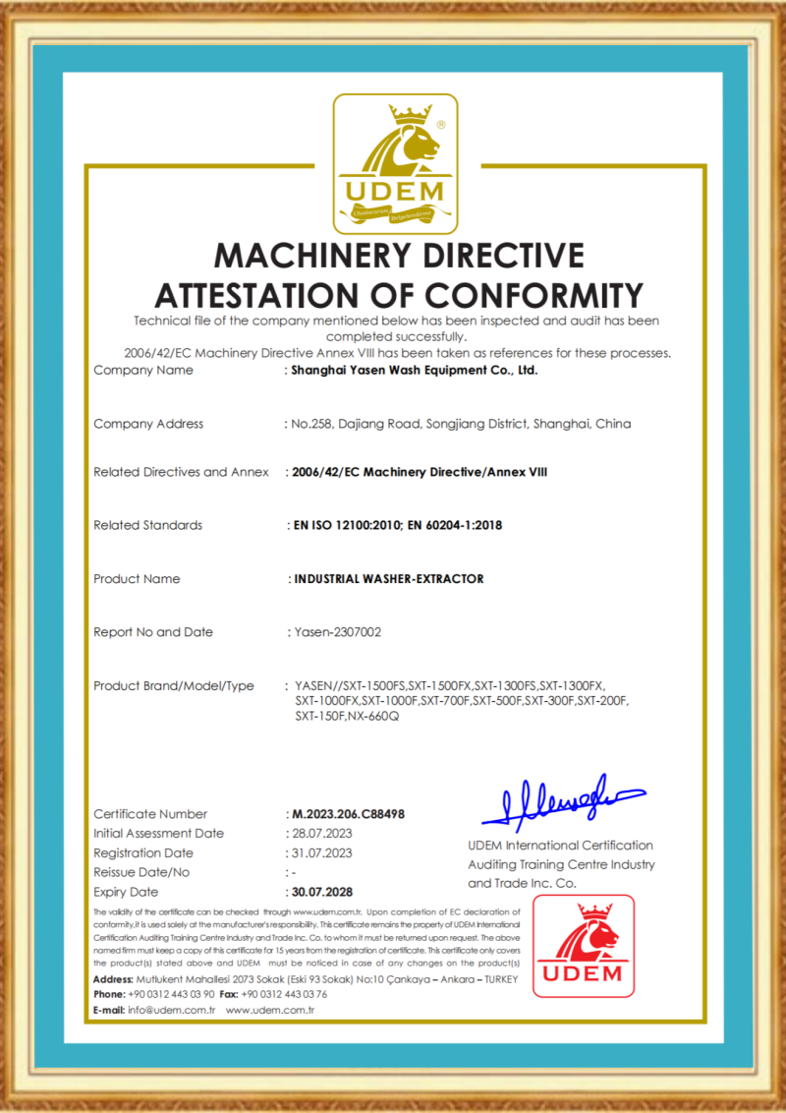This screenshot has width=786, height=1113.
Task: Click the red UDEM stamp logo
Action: [x=584, y=946]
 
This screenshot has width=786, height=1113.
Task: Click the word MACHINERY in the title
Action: [x=305, y=255]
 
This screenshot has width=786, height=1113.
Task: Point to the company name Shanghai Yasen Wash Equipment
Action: [x=414, y=371]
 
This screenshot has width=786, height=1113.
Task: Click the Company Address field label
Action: [x=148, y=424]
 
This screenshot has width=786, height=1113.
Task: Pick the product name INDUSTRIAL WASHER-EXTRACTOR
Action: [x=389, y=579]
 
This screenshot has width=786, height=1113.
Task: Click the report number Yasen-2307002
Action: [x=338, y=632]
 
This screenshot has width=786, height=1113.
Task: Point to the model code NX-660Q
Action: [x=374, y=717]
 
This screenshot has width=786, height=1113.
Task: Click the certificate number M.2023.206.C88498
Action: [x=350, y=814]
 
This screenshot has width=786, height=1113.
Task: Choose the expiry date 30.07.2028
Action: [x=322, y=892]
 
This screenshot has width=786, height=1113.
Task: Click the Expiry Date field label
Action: [x=126, y=892]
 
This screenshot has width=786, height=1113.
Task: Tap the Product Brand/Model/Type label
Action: [x=174, y=685]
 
